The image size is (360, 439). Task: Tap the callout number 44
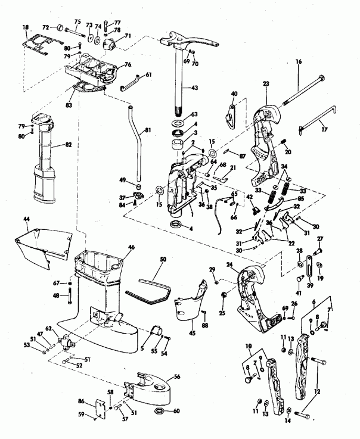pos(27,219)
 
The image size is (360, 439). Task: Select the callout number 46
pos(131,246)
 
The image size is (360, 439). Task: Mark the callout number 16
pos(299,61)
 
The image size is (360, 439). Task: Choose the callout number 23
pos(265,84)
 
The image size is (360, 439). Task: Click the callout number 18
pos(26,27)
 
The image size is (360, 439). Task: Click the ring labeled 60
pos(161,412)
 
